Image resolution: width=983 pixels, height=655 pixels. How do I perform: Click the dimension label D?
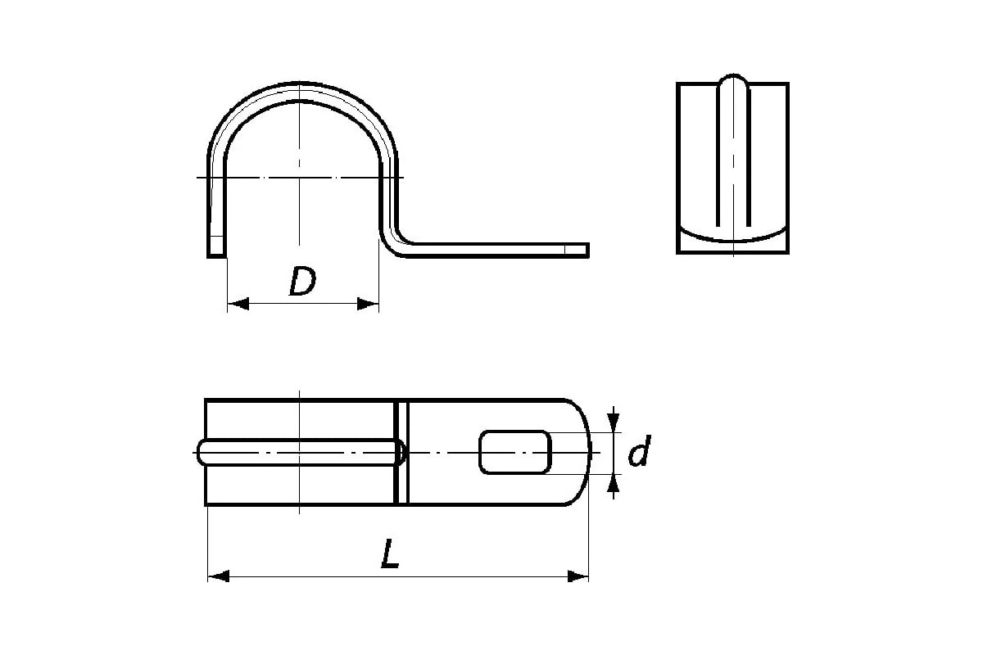click(x=303, y=281)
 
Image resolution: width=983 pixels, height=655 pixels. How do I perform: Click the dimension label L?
click(x=390, y=553)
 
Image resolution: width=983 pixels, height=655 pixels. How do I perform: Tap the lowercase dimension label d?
click(x=640, y=450)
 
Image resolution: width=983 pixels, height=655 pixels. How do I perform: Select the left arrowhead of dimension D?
click(x=238, y=304)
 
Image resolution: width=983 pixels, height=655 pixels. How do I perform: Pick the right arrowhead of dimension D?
click(x=368, y=304)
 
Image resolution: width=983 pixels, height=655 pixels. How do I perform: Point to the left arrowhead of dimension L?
click(x=219, y=576)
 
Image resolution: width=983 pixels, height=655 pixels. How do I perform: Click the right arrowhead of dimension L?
click(x=578, y=576)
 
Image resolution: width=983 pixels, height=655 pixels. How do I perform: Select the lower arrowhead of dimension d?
click(x=614, y=486)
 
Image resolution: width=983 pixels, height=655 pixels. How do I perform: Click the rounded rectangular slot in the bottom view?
click(x=515, y=452)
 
